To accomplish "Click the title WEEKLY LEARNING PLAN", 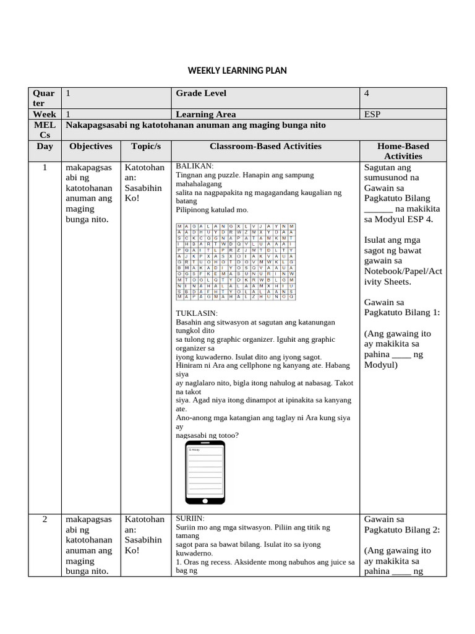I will (x=237, y=71).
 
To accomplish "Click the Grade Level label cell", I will (x=201, y=93).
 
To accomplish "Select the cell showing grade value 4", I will (x=367, y=93).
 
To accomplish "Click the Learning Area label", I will (x=205, y=115).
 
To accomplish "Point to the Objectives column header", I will (x=91, y=147).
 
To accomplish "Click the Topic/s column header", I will (x=146, y=147).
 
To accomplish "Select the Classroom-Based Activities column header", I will (x=265, y=147).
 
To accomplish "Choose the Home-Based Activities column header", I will (x=403, y=152).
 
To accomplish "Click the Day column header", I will (x=45, y=147).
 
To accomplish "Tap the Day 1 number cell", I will (x=45, y=168).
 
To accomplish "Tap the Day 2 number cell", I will (x=45, y=519).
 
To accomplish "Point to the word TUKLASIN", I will (x=197, y=314).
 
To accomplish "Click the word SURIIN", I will (x=190, y=518).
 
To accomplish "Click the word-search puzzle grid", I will (x=236, y=263).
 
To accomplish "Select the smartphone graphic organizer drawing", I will (x=205, y=474).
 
